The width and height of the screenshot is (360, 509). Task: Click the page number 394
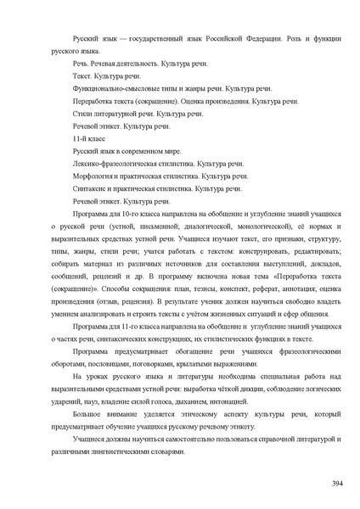pyautogui.click(x=335, y=483)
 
